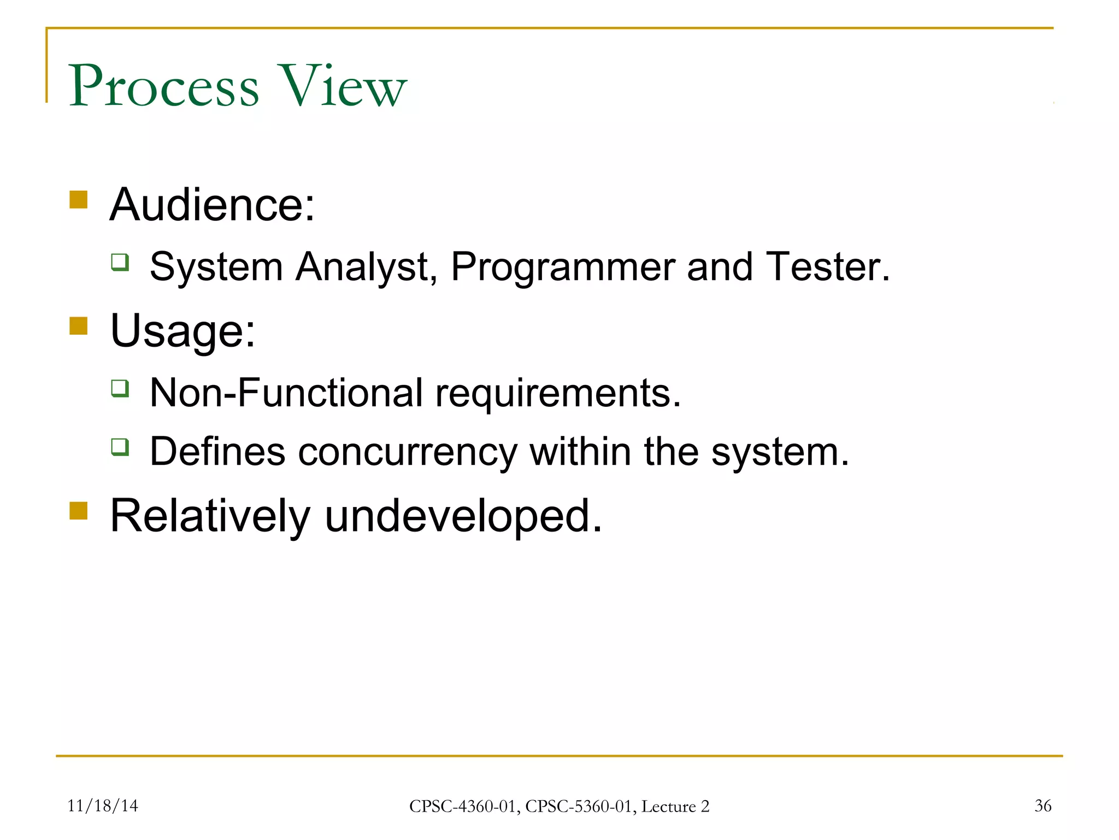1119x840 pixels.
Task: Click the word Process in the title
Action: pos(163,86)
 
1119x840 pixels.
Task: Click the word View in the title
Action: pos(343,86)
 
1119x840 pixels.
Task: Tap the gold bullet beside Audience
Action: pos(79,200)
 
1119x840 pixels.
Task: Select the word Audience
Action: pos(212,205)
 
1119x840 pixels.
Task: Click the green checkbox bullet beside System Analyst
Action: pos(120,262)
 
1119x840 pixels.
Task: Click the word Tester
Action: pos(827,267)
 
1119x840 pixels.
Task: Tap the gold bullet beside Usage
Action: pos(79,326)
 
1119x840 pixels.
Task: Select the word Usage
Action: pos(182,331)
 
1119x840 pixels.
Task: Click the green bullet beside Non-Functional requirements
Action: pos(120,388)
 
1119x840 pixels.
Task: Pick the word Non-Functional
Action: pos(286,393)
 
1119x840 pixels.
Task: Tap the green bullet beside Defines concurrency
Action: pos(120,447)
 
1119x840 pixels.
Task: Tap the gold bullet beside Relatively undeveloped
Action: pos(79,511)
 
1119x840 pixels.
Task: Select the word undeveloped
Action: pos(463,516)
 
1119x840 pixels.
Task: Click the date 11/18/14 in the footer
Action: pos(102,806)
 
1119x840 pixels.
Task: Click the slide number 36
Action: pos(1043,806)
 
